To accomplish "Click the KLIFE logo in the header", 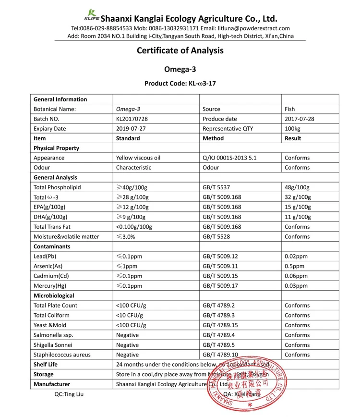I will (91, 16).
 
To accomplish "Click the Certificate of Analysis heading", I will (180, 50).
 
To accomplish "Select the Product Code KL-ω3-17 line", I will (180, 83).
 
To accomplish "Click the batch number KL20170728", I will (132, 119).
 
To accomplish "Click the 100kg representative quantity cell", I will (292, 129).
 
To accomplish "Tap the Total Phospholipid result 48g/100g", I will (297, 187).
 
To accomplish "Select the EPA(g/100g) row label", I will (49, 207).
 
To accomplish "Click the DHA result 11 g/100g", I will (298, 217).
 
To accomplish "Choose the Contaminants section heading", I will (52, 246).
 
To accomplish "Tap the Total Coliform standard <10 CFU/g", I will (131, 315).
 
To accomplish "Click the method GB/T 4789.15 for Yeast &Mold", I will (220, 325).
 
